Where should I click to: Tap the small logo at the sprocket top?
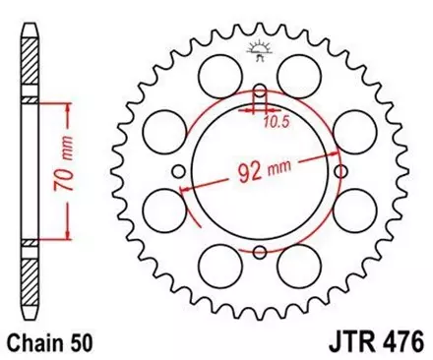pyautogui.click(x=261, y=50)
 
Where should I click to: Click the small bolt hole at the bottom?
pyautogui.click(x=260, y=251)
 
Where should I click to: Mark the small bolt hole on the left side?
pyautogui.click(x=181, y=172)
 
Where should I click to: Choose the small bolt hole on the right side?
pyautogui.click(x=339, y=172)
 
